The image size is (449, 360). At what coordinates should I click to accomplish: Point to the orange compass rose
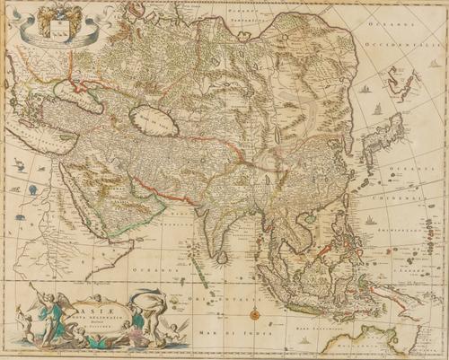pyautogui.click(x=255, y=314)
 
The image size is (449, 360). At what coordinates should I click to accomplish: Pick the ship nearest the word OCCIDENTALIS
pyautogui.click(x=365, y=89)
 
